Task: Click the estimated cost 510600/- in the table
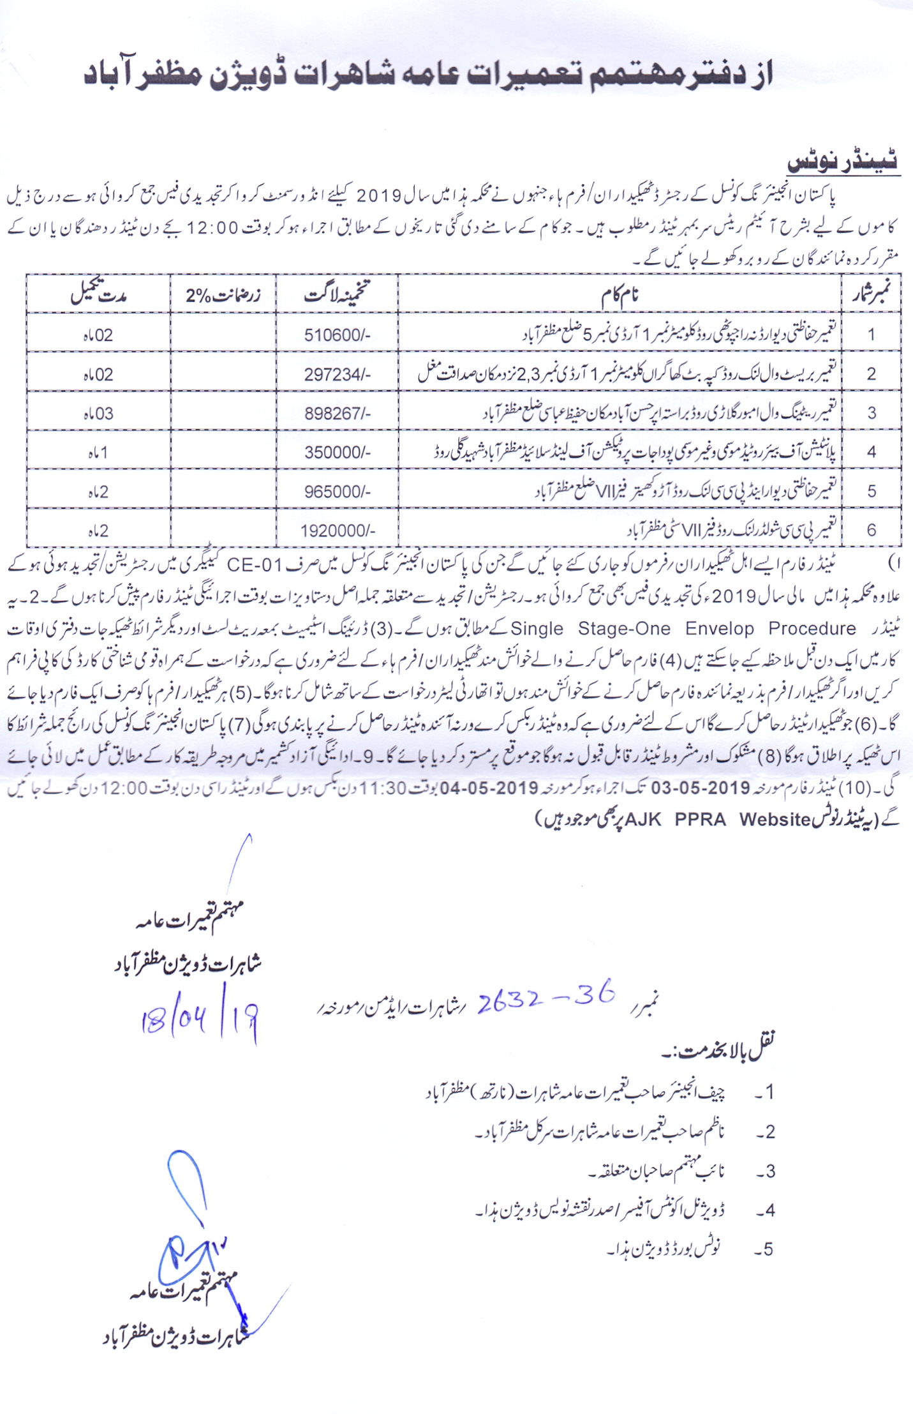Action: click(337, 335)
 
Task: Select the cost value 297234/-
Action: click(337, 375)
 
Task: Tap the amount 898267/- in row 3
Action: click(337, 414)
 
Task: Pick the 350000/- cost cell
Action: click(337, 453)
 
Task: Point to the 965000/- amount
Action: click(337, 492)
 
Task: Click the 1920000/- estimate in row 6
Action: click(338, 530)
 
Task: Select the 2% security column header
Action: click(223, 296)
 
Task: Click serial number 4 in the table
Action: click(871, 453)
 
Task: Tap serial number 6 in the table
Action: click(871, 530)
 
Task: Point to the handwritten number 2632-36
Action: click(546, 997)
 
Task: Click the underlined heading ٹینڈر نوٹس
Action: click(842, 162)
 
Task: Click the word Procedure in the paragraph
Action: click(812, 629)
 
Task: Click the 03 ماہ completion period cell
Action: click(98, 414)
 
